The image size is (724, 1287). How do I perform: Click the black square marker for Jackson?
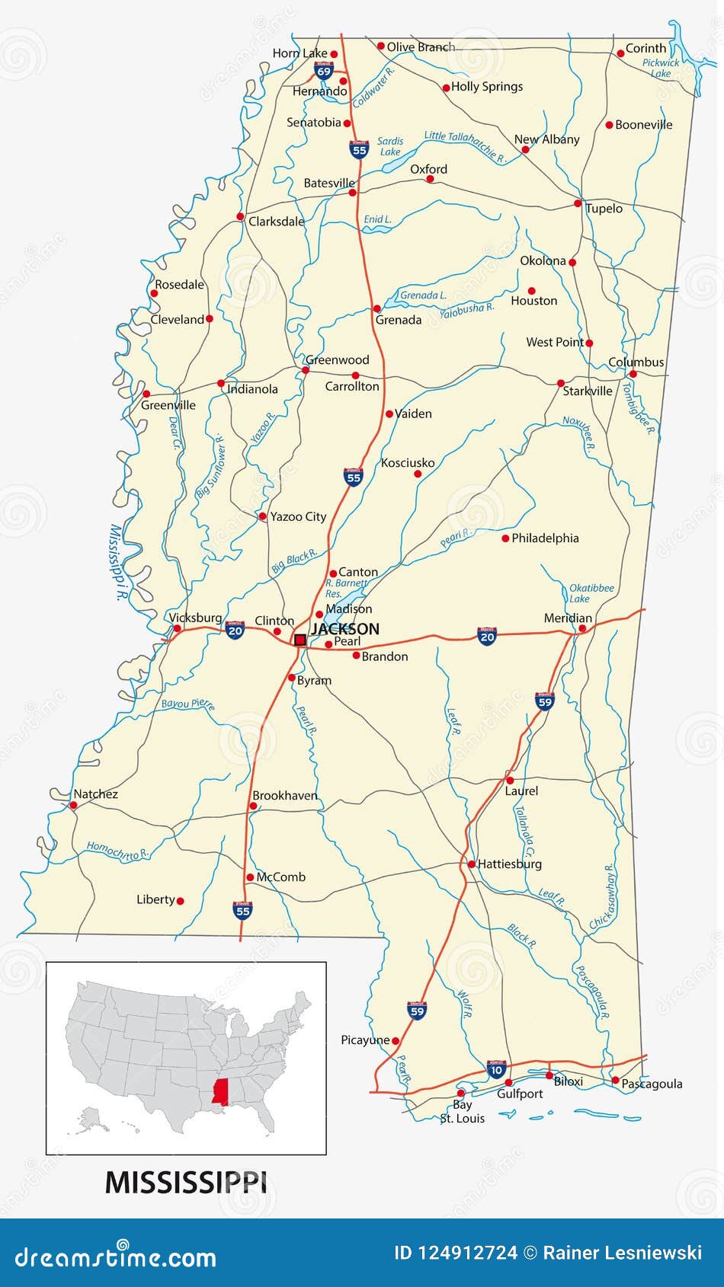(300, 640)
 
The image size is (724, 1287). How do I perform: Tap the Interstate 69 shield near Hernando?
(324, 72)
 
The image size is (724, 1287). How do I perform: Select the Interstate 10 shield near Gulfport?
(496, 1069)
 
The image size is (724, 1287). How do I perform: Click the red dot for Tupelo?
(578, 203)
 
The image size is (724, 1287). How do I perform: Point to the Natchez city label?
(95, 794)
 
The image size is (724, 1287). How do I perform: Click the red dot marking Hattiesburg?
(471, 864)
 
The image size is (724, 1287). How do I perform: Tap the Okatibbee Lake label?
(591, 593)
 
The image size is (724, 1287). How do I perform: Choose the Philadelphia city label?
(545, 538)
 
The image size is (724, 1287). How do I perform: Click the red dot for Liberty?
(181, 900)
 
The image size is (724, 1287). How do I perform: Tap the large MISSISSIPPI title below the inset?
(186, 1182)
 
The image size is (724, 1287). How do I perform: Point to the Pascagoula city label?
(652, 1084)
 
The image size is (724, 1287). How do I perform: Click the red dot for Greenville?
(146, 394)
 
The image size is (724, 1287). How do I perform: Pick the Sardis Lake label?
(390, 146)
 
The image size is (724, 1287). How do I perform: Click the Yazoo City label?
(298, 516)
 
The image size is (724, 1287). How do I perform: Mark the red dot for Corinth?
(620, 53)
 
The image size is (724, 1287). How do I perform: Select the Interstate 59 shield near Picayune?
(417, 1010)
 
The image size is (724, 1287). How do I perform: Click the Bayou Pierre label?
(187, 704)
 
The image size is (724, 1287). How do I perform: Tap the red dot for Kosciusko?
(417, 474)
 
